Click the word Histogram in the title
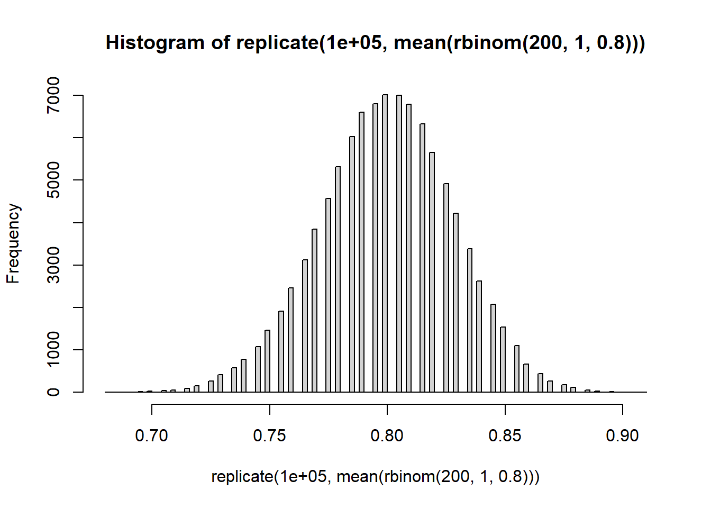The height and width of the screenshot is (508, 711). [154, 42]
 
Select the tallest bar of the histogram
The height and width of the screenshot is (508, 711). [385, 243]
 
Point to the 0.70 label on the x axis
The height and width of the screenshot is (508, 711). [152, 436]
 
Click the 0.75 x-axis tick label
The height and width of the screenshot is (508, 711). [269, 436]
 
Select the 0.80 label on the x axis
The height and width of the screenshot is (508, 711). [387, 436]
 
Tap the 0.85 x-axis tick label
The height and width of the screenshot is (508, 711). [505, 436]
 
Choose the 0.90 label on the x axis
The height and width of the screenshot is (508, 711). [623, 436]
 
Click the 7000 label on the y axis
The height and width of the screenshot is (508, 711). [53, 95]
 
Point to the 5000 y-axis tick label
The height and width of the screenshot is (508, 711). [53, 180]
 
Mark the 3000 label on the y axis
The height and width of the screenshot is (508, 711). [53, 265]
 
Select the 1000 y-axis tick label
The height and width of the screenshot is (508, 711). [53, 350]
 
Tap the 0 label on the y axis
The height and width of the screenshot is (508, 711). [53, 392]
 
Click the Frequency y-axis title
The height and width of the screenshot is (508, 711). [13, 243]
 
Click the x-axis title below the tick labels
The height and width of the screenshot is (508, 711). [376, 477]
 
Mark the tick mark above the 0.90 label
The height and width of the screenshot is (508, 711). [623, 409]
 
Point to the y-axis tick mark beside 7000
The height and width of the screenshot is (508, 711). [78, 95]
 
